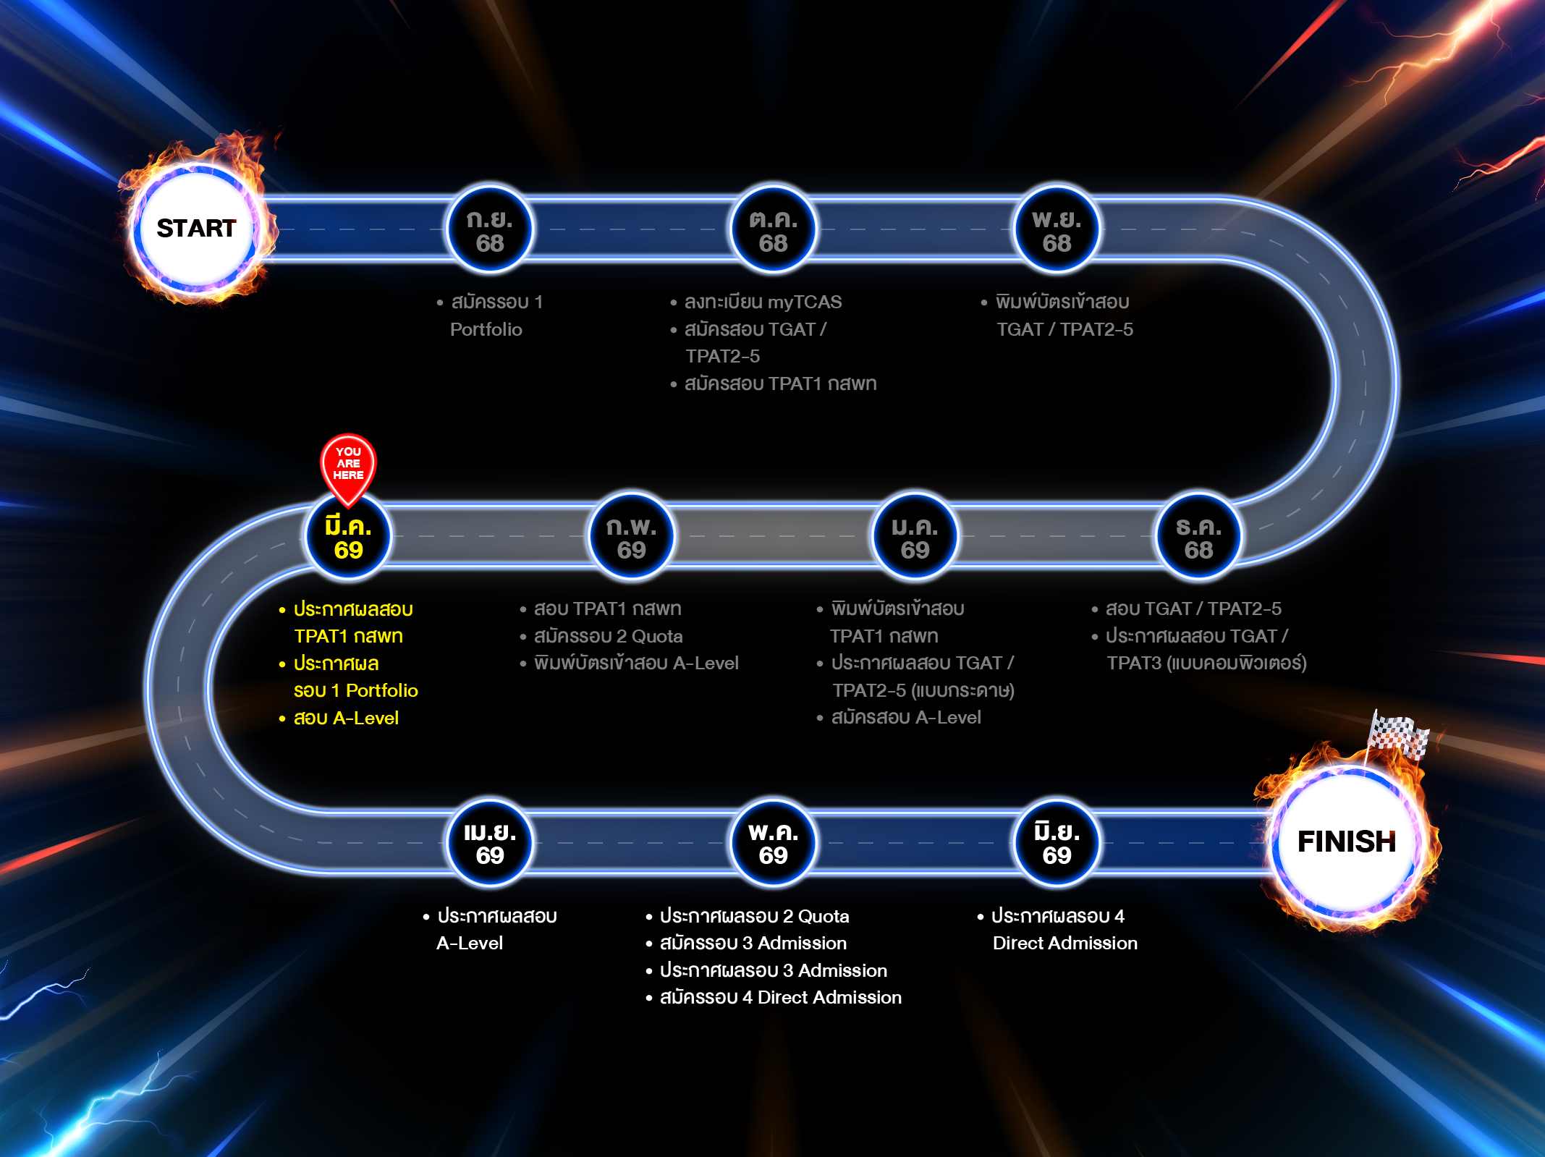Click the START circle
[x=196, y=229]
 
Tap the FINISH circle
[x=1346, y=842]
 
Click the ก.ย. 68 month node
[x=490, y=230]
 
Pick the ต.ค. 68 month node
[x=773, y=230]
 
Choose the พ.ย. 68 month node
[x=1057, y=230]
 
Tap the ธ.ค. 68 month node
[x=1198, y=537]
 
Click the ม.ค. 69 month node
[x=915, y=537]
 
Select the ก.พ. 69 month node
[x=631, y=537]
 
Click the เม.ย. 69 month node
[x=490, y=843]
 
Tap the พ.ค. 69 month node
[x=773, y=843]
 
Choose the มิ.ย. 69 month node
[x=1057, y=843]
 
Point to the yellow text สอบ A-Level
[x=346, y=719]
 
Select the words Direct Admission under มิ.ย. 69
[x=1064, y=944]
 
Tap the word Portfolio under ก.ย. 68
[x=486, y=330]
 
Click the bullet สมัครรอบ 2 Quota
[x=608, y=637]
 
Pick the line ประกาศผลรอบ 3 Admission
[x=773, y=971]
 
